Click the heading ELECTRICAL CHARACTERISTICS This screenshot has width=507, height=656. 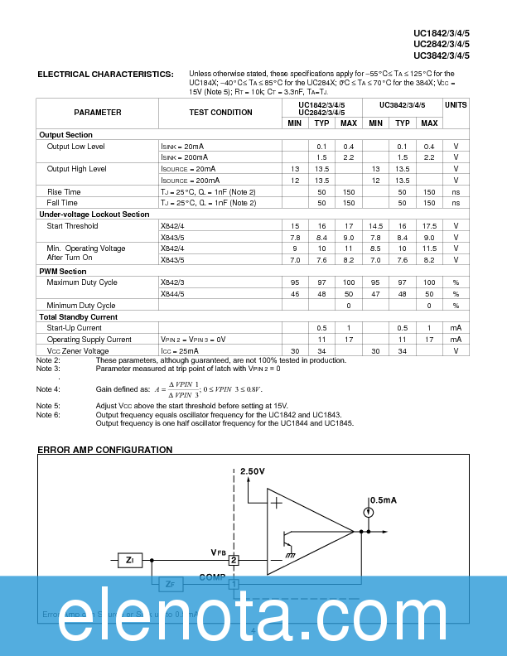tap(105, 75)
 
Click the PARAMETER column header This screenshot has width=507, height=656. tap(97, 113)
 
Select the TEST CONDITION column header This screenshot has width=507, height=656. tap(220, 113)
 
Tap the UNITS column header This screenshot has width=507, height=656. tap(456, 105)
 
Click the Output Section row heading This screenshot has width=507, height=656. tap(65, 135)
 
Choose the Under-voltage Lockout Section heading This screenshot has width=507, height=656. tap(94, 215)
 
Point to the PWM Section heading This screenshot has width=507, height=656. tap(62, 272)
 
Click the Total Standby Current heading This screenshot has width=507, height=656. tap(79, 317)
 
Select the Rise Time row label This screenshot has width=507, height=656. tap(64, 191)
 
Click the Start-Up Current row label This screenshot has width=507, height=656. tap(75, 328)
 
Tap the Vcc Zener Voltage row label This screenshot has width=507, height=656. tap(78, 351)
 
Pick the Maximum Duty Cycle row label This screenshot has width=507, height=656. tap(82, 282)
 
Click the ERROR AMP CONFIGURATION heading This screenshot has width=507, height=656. tap(104, 450)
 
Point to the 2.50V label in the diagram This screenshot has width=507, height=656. tap(252, 471)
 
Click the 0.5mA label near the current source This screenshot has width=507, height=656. tap(383, 500)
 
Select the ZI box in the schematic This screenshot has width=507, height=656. tap(129, 561)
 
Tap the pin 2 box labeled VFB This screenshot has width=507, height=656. tap(234, 561)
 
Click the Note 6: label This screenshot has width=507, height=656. tap(48, 415)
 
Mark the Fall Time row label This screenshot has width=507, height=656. tap(62, 203)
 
